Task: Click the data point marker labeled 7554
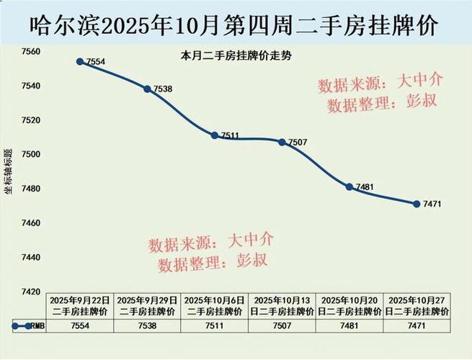(x=80, y=61)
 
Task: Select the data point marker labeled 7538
(x=147, y=89)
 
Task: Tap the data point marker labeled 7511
(x=214, y=135)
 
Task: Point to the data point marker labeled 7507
(x=282, y=142)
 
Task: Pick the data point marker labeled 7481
(x=349, y=186)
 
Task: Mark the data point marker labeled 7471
(x=416, y=204)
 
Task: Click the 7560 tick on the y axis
(x=31, y=52)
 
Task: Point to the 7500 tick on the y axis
(x=31, y=155)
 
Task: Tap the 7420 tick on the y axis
(x=31, y=292)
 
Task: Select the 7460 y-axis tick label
(x=31, y=223)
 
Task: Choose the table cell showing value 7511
(x=214, y=325)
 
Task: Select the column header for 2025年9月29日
(x=147, y=305)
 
